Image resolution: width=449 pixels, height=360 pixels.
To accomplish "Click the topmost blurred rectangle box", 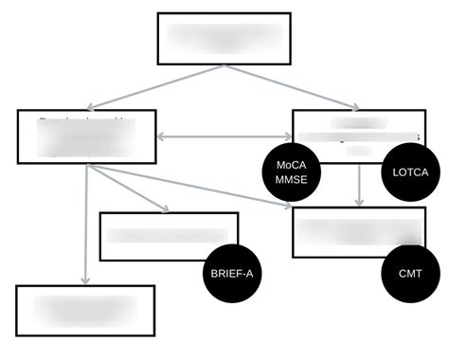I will pos(224,38).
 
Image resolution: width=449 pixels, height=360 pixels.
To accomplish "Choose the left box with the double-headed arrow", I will pos(85,136).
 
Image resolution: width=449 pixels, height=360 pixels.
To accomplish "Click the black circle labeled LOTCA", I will pos(410,172).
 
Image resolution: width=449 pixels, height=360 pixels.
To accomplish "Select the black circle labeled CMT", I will pos(410,273).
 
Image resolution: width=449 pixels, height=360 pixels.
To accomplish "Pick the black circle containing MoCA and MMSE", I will pos(292,171).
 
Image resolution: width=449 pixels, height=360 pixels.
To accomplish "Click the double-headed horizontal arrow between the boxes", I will pos(224,136).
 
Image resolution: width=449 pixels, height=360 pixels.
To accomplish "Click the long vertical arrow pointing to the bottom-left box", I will pos(86,227).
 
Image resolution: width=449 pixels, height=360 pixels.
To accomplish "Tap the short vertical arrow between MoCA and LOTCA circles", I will pos(358,187).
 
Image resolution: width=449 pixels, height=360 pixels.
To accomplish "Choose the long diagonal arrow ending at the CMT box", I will pos(189,185).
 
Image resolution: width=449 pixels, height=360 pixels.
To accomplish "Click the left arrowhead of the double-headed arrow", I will pos(161,136).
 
